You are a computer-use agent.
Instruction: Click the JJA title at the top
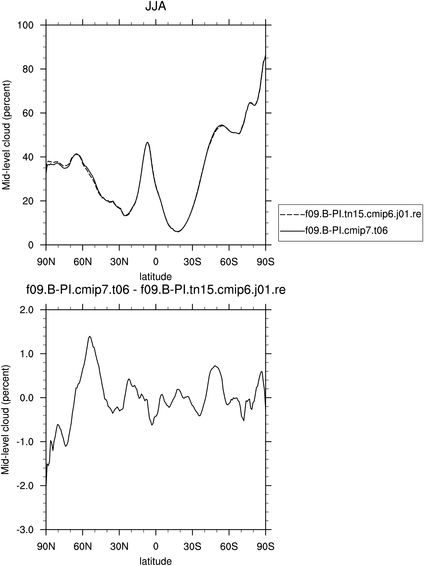155,7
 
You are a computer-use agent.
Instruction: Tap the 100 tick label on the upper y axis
26,25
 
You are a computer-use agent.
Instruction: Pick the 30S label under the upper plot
192,262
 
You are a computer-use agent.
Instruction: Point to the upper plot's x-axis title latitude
155,276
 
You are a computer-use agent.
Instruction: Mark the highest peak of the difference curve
90,336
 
